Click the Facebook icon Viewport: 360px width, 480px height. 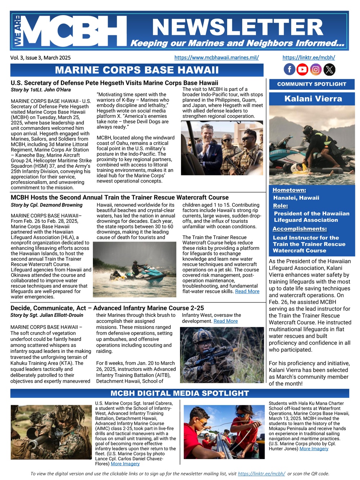289,69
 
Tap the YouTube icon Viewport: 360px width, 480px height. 302,69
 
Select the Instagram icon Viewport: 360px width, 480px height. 316,69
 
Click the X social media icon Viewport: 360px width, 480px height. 329,69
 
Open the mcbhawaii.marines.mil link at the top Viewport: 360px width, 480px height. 216,57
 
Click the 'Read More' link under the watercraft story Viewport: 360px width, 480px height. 247,291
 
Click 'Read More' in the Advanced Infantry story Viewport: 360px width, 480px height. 226,321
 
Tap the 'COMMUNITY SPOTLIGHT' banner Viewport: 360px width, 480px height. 312,84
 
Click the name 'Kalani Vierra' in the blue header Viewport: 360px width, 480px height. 313,99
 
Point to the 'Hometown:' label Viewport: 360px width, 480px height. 289,190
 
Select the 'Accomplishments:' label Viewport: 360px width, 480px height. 300,229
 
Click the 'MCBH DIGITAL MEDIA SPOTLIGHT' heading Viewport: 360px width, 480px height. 180,393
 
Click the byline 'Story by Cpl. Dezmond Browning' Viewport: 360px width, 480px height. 47,205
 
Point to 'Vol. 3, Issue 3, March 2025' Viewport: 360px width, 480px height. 40,58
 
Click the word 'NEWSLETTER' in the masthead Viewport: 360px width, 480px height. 238,27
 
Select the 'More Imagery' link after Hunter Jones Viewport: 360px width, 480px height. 314,449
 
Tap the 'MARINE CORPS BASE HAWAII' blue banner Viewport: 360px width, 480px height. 137,70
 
